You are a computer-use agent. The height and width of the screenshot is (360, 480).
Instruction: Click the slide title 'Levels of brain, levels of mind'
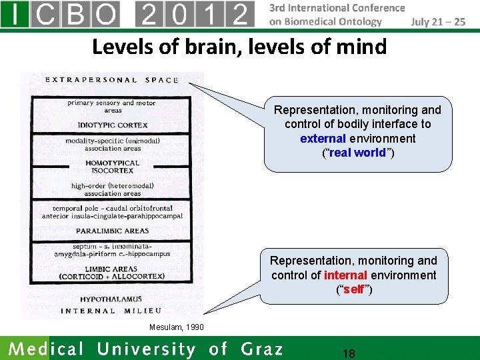coord(239,47)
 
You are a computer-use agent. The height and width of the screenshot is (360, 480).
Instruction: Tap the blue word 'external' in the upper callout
coord(323,139)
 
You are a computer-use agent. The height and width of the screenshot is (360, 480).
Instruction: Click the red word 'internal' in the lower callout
coord(345,275)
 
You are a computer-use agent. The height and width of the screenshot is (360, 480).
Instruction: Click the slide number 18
coord(348,353)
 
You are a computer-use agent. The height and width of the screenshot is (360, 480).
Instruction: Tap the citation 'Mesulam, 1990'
coord(177,327)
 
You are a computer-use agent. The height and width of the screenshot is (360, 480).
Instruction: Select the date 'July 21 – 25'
coord(438,21)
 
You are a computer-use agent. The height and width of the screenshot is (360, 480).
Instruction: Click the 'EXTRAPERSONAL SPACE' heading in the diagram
coord(112,80)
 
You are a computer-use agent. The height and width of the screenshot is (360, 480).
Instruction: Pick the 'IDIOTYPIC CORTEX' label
coord(113,125)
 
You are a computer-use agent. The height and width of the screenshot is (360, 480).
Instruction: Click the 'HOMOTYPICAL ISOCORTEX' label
coord(113,167)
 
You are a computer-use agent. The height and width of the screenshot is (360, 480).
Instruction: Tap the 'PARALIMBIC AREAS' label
coord(113,231)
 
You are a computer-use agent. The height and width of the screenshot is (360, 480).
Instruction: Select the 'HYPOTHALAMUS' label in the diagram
coord(113,299)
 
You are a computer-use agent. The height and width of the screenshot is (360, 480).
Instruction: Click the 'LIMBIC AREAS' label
coord(112,269)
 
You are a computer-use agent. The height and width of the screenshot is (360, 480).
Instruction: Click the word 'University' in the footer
coord(148,349)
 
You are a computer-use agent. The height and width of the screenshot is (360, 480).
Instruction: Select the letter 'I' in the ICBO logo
coord(15,14)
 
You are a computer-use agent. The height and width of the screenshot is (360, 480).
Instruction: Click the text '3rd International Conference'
coord(337,8)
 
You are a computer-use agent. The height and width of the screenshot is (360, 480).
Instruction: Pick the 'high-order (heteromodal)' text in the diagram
coord(113,186)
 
